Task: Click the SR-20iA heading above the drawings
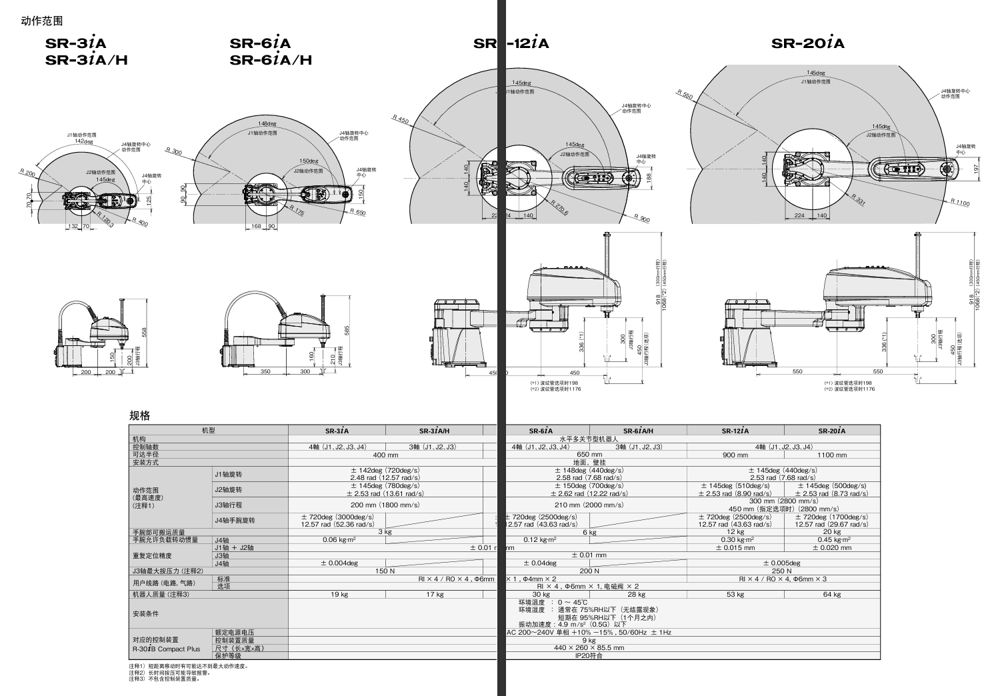point(807,44)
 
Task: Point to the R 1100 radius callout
point(960,202)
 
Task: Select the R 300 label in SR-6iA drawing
point(173,152)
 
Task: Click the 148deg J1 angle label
point(267,123)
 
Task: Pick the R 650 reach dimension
point(358,212)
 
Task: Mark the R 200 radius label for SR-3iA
point(28,173)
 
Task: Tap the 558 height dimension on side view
point(143,332)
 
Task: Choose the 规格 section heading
point(139,416)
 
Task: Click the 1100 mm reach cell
point(832,455)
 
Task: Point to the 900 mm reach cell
point(735,455)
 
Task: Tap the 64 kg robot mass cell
point(832,595)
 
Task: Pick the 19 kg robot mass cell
point(339,595)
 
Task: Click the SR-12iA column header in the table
point(735,431)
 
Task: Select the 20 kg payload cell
point(832,532)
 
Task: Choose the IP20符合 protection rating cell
point(589,656)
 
